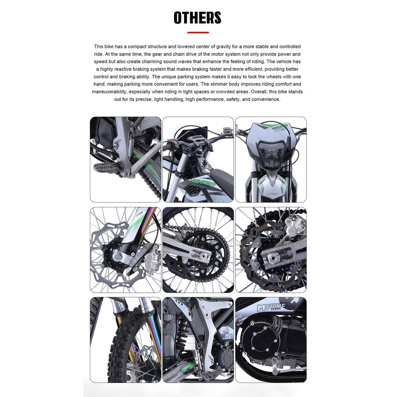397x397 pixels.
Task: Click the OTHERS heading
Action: pos(198,18)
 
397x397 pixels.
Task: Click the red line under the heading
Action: pos(198,32)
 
